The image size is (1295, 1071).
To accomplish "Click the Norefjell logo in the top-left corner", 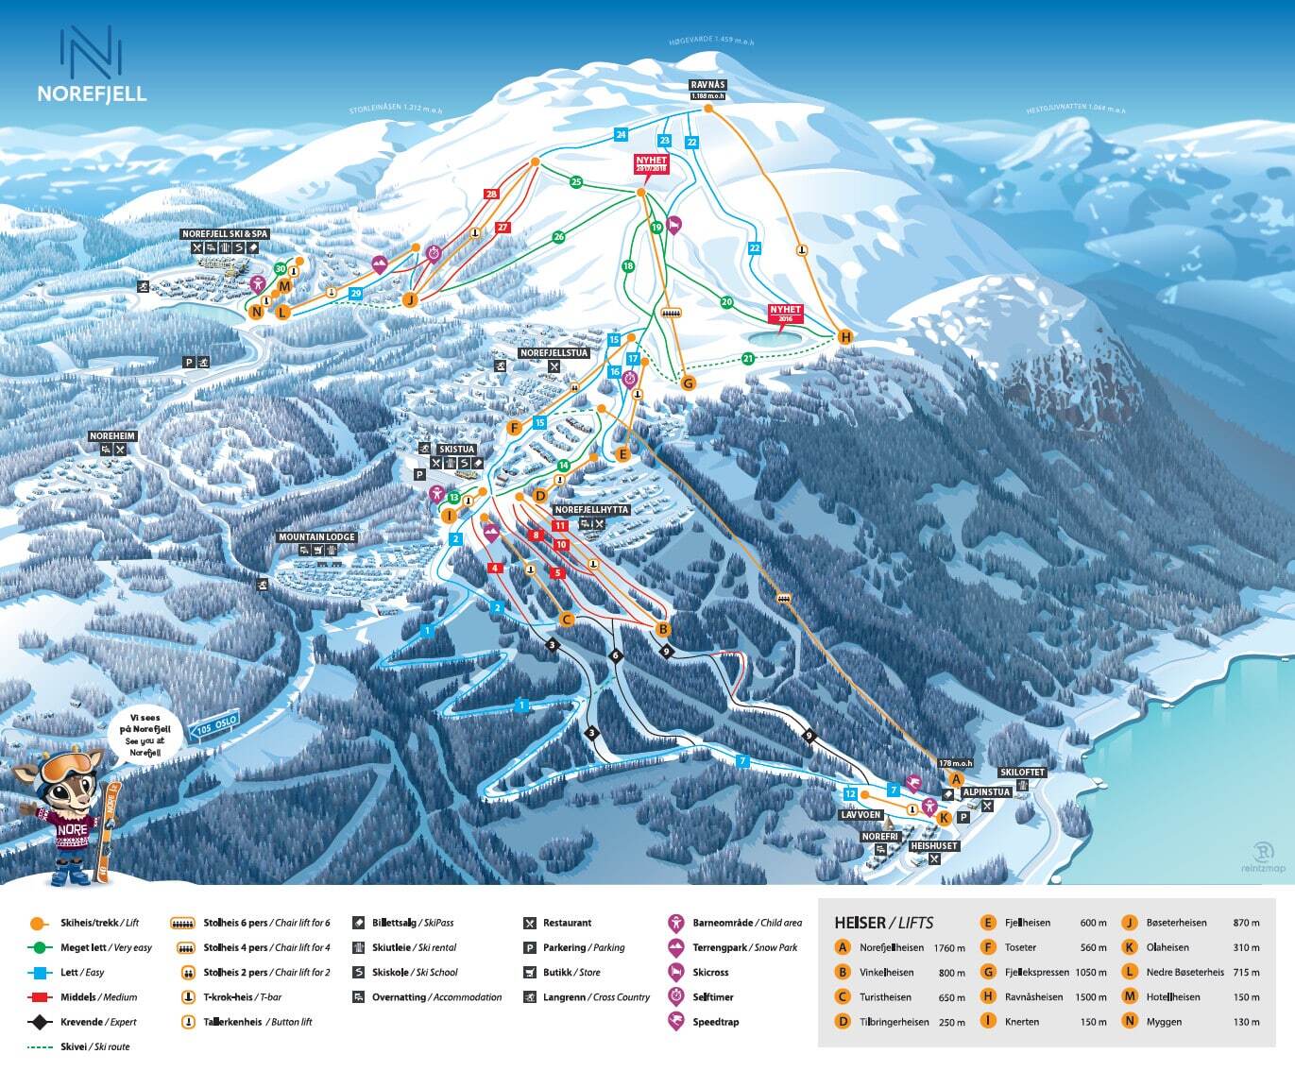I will tap(92, 63).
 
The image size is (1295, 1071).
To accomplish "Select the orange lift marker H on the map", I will tap(845, 337).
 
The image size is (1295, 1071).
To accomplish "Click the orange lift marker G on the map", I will tap(688, 382).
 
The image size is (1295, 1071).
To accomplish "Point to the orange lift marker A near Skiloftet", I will tap(955, 779).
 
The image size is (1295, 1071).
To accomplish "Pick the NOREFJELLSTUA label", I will tap(554, 353).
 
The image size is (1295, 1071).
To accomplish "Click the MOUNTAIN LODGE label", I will tap(316, 537).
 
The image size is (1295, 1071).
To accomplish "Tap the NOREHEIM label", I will tap(112, 436).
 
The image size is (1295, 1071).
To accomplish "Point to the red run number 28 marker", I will tap(491, 195).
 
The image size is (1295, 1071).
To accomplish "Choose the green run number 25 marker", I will tap(576, 182).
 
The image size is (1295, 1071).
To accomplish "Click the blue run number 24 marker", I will tap(621, 135).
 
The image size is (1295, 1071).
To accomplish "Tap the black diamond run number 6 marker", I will tap(616, 655).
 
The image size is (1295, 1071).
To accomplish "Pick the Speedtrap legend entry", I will tap(715, 1022).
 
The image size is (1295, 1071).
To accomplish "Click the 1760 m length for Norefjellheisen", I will tap(948, 947).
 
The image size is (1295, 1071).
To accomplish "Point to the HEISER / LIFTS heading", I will tap(883, 923).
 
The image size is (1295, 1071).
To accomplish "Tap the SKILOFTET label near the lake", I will tap(1022, 773).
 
